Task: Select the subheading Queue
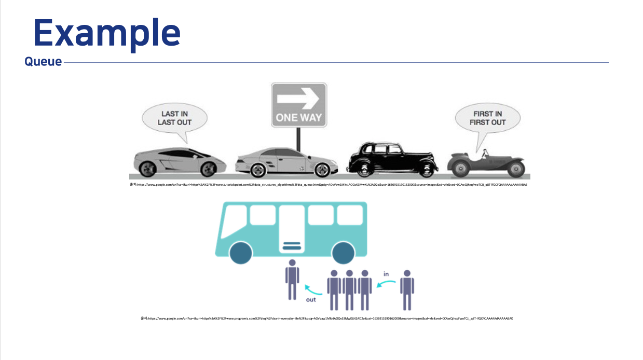click(x=43, y=62)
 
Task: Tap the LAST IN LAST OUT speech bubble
click(x=175, y=119)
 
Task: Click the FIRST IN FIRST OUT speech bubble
click(x=487, y=118)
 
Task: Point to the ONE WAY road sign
click(x=299, y=105)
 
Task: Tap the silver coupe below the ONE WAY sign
click(x=282, y=160)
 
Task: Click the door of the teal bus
click(x=292, y=228)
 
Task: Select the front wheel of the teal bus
click(x=240, y=253)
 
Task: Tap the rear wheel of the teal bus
click(x=343, y=253)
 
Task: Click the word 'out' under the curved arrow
click(x=310, y=299)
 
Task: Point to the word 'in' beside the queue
click(x=386, y=273)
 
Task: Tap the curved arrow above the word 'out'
click(x=313, y=289)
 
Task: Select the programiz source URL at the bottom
click(x=327, y=319)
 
